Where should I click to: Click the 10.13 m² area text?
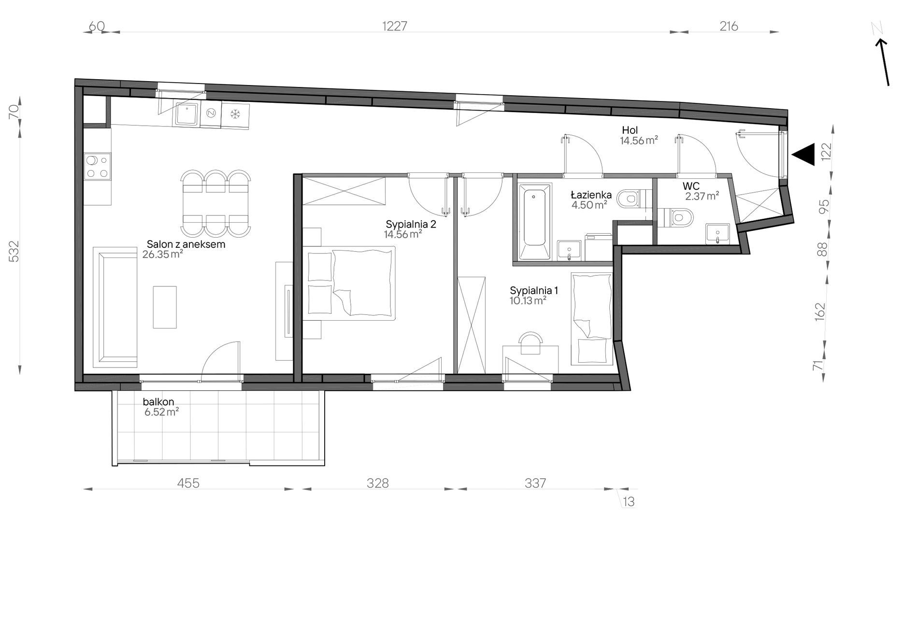click(x=528, y=301)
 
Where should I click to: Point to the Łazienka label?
click(x=591, y=195)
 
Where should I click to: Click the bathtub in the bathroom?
click(x=534, y=222)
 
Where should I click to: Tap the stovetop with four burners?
click(x=97, y=167)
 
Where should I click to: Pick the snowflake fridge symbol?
click(x=235, y=114)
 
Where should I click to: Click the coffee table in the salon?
click(x=165, y=307)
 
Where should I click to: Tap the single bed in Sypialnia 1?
click(x=591, y=319)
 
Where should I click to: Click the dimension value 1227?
click(x=395, y=26)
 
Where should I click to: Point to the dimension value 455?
click(x=188, y=483)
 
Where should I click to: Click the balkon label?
click(x=158, y=402)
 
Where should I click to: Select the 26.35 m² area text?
click(x=162, y=254)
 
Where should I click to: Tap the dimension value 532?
click(x=14, y=251)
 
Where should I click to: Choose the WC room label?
click(x=691, y=186)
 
